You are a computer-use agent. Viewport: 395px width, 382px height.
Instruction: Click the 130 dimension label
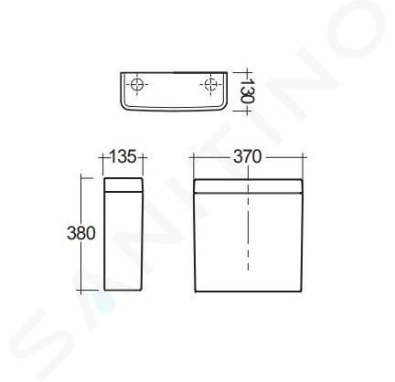point(247,90)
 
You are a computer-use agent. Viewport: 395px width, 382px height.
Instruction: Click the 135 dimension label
point(122,157)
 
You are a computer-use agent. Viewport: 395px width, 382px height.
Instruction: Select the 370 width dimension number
point(248,157)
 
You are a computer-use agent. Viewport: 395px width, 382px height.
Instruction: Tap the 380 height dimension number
point(81,233)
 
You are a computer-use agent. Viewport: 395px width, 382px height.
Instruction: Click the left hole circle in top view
point(136,84)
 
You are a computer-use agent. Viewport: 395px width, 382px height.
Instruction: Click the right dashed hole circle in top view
point(210,84)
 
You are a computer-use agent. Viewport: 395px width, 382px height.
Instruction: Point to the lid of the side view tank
point(123,185)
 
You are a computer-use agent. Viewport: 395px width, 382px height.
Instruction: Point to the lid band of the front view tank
point(248,186)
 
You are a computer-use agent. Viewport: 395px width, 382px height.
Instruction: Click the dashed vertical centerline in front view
point(248,219)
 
